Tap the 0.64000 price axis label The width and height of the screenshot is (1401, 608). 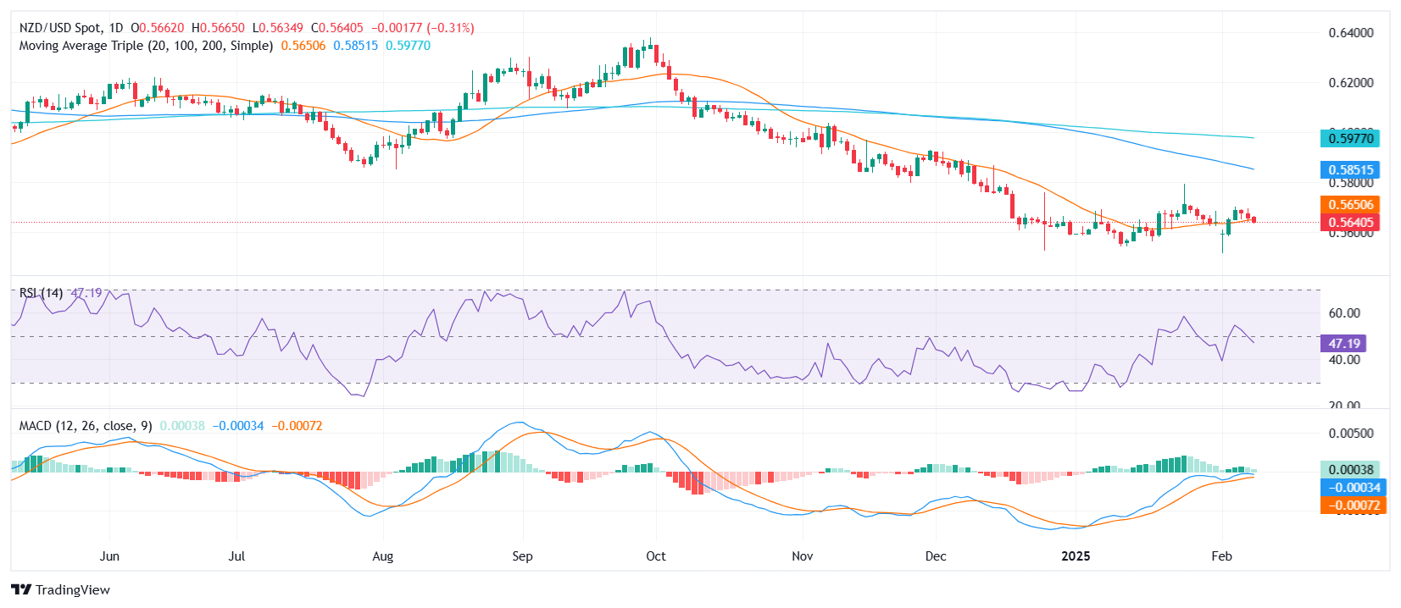coord(1351,33)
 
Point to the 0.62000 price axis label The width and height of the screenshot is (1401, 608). coord(1351,83)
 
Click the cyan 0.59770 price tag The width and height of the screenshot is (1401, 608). coord(1350,138)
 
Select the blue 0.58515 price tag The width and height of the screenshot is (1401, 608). coord(1350,170)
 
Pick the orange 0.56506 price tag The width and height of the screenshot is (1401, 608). coord(1350,205)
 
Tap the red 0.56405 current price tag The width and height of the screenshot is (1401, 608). coord(1350,223)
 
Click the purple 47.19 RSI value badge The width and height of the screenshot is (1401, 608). coord(1343,344)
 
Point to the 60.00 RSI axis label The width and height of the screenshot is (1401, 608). coord(1344,313)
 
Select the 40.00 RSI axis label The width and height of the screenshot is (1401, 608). coord(1344,360)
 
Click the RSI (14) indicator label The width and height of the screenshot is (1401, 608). coord(42,293)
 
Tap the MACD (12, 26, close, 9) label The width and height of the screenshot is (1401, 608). coord(86,426)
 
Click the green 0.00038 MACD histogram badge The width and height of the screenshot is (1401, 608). coord(1350,470)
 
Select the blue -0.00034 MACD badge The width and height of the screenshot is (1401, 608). coord(1353,488)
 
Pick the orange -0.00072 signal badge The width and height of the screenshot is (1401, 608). coord(1353,506)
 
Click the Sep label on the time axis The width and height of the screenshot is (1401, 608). coord(522,556)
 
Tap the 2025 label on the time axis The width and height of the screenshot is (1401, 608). coord(1076,556)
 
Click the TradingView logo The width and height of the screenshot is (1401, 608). coord(61,590)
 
